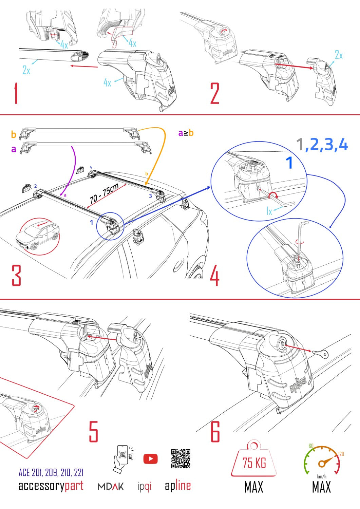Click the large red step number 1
click(16, 94)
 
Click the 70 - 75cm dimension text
click(104, 194)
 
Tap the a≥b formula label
click(186, 133)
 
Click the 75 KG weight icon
click(254, 460)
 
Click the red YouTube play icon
click(150, 459)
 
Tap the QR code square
click(181, 459)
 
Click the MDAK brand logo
click(111, 487)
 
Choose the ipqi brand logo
click(145, 487)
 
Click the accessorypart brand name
click(51, 486)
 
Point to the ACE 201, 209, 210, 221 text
click(51, 472)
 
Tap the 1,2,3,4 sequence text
click(322, 145)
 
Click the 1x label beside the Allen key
click(269, 211)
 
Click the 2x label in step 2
click(338, 55)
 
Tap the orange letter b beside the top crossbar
click(14, 134)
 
